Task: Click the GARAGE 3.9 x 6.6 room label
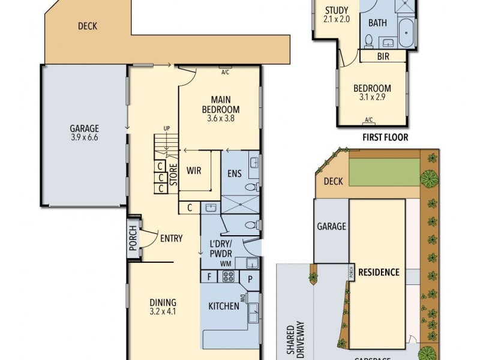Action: (x=84, y=133)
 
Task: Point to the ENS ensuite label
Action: (x=234, y=174)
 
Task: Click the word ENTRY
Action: (x=171, y=239)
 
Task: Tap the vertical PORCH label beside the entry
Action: (x=133, y=238)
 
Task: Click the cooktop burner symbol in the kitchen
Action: (x=229, y=277)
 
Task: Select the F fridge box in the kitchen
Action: (x=209, y=277)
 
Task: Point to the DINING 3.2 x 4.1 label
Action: (x=163, y=307)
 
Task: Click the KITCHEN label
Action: (x=224, y=307)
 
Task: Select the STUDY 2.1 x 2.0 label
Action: (x=337, y=14)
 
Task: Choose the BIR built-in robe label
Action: (x=383, y=56)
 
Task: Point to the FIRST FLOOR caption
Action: (x=385, y=137)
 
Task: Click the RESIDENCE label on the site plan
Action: (x=379, y=272)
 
